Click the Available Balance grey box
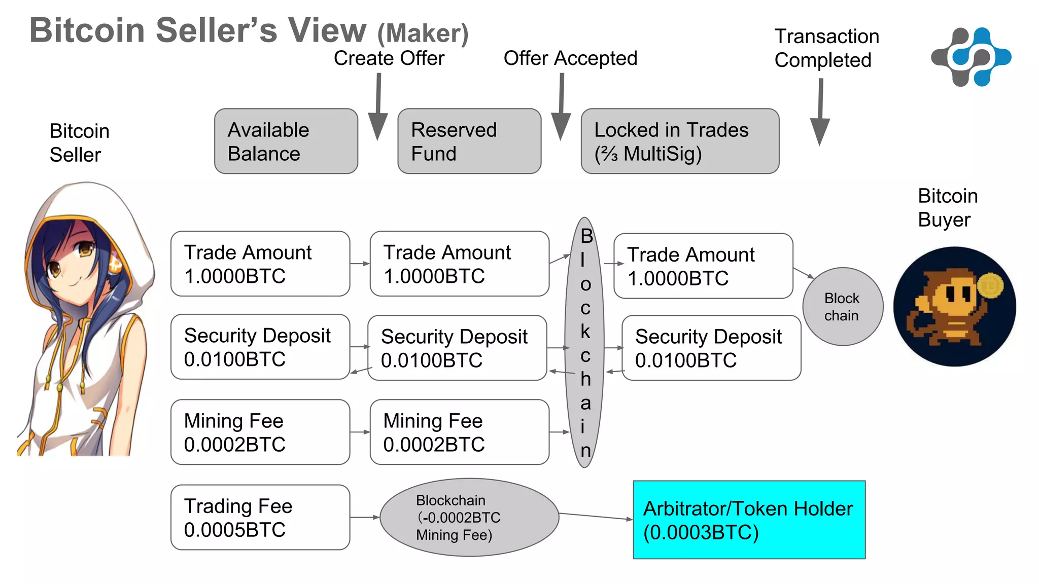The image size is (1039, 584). [x=286, y=141]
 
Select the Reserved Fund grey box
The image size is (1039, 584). [x=469, y=141]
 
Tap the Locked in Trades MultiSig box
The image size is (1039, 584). [x=680, y=141]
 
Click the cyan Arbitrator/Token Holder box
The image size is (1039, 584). [x=749, y=520]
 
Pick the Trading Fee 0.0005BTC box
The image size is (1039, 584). [x=260, y=518]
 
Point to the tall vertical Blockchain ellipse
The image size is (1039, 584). [x=584, y=343]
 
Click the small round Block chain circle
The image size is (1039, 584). [x=843, y=307]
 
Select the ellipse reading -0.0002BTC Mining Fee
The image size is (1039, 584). [x=469, y=518]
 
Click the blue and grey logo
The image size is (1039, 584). [x=971, y=57]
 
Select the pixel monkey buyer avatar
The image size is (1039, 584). [x=954, y=307]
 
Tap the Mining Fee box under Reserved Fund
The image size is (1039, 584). [x=460, y=432]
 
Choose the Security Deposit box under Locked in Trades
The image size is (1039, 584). [x=711, y=348]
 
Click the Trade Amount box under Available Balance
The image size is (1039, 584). [x=260, y=264]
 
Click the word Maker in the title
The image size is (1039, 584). [x=423, y=33]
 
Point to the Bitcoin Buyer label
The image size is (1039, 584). [x=947, y=208]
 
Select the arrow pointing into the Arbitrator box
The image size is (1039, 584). [x=596, y=517]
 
